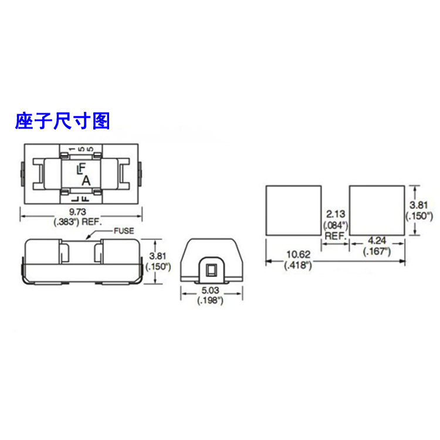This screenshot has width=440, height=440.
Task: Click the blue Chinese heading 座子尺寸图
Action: click(x=62, y=121)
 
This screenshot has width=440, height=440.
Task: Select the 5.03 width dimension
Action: click(x=209, y=290)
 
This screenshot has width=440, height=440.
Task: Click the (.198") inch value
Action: click(x=209, y=300)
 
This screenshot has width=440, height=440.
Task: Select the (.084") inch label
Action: click(x=335, y=225)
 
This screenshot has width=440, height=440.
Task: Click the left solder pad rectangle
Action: click(x=294, y=210)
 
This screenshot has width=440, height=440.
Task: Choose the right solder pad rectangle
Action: click(x=377, y=210)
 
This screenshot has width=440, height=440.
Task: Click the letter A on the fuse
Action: click(x=86, y=180)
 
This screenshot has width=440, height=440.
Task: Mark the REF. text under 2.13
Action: click(x=335, y=235)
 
